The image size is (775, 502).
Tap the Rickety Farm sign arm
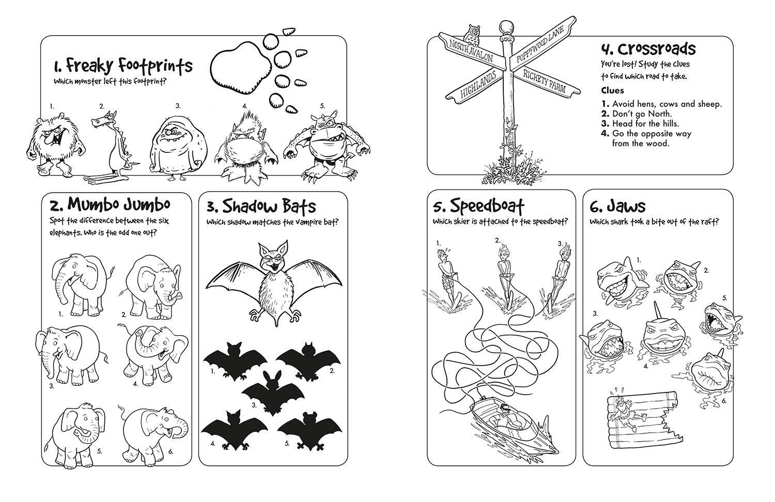546,82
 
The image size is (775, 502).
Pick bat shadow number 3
273,393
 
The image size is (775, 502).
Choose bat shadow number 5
309,430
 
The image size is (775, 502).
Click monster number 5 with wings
328,145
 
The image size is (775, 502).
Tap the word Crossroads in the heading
656,50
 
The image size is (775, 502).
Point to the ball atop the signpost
505,26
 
